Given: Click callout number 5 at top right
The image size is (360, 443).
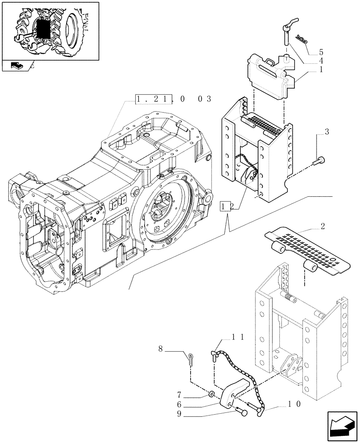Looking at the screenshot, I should click(x=321, y=51).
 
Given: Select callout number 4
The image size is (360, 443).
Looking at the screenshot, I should click(x=321, y=60).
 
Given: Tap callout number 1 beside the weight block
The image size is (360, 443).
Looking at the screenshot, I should click(x=321, y=69).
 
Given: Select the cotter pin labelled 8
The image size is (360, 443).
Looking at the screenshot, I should click(x=191, y=359).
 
